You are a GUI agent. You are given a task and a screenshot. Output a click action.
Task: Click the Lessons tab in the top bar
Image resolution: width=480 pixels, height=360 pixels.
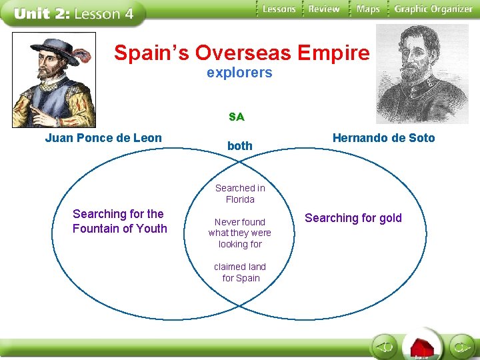279,9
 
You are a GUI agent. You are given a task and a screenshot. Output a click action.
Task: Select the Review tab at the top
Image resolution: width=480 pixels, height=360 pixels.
324,9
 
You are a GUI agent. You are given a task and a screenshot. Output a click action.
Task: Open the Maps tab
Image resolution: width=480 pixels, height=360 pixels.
368,9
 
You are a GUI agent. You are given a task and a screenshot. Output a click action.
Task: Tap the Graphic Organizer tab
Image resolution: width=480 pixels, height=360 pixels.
433,9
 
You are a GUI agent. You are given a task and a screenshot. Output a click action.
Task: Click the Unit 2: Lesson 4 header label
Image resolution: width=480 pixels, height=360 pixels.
73,13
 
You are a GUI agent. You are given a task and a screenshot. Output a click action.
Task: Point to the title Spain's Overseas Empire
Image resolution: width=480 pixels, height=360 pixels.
241,53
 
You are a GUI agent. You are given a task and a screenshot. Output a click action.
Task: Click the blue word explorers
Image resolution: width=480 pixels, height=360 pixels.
239,73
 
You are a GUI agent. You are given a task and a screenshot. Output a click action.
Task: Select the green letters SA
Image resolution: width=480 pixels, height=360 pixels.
236,117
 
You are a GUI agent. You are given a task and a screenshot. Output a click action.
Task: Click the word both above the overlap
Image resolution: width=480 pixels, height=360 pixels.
239,145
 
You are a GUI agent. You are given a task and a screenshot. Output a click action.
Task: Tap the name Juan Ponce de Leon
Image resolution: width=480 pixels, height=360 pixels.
103,138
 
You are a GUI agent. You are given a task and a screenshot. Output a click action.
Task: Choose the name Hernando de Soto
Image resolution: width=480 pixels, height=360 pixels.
383,138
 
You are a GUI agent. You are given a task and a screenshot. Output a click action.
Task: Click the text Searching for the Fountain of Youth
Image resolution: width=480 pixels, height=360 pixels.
119,221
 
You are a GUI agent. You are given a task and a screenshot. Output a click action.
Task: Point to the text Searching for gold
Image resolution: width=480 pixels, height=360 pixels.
353,218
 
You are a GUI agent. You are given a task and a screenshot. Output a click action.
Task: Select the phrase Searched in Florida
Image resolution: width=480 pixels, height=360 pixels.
240,193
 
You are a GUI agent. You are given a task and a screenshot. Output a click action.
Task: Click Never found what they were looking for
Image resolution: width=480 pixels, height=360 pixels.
240,233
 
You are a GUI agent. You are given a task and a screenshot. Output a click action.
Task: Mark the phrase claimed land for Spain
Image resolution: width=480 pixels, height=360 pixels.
241,272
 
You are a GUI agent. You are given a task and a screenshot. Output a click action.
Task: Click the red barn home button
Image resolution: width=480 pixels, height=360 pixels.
422,347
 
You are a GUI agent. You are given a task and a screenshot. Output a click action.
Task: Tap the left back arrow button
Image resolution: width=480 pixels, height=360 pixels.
385,347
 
